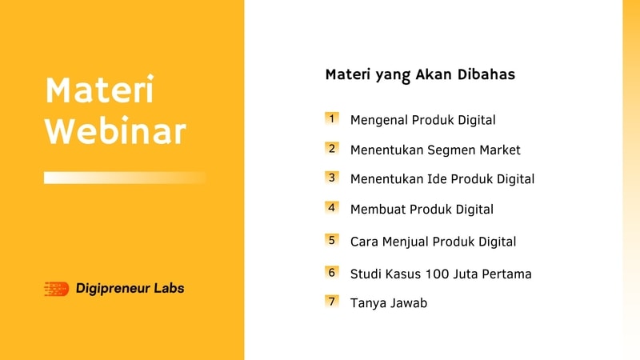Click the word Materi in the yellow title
[x=99, y=90]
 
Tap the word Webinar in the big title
[x=115, y=130]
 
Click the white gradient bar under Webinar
[x=125, y=178]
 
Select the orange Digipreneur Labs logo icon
[x=56, y=289]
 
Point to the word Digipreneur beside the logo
[x=113, y=289]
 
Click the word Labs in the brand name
[x=169, y=288]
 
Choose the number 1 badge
[x=332, y=118]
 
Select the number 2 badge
[x=332, y=149]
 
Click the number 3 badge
[x=332, y=178]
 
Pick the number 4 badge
[x=332, y=208]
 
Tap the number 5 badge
[x=332, y=241]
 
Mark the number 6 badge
[x=332, y=273]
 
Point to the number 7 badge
[x=332, y=302]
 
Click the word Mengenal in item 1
[x=379, y=121]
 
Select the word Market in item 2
[x=500, y=150]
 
